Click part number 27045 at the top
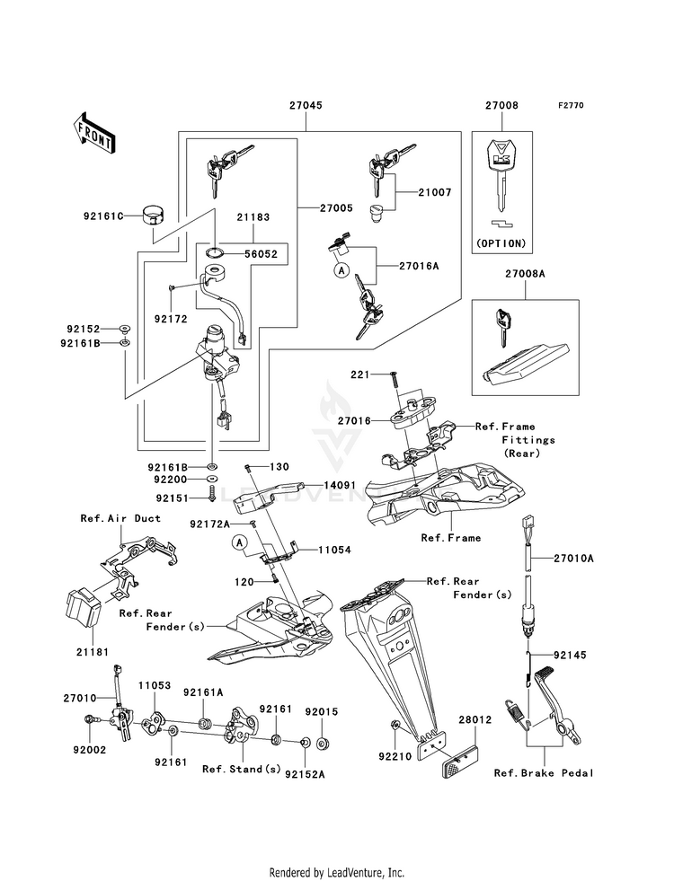click(306, 105)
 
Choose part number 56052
click(268, 253)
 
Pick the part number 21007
click(434, 193)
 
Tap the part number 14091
click(340, 485)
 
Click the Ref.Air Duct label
click(120, 518)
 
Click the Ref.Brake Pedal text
click(544, 772)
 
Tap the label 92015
click(321, 710)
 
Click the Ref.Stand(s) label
click(241, 769)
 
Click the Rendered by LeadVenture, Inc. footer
click(337, 872)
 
